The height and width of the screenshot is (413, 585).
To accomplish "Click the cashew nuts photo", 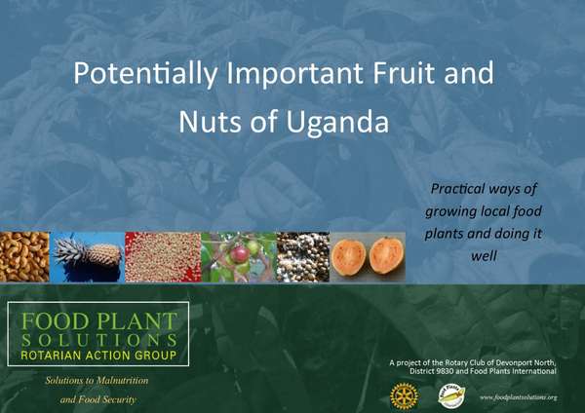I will point(23,257).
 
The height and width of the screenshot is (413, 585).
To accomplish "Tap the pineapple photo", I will point(87,257).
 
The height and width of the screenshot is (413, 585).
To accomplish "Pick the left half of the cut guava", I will point(349,257).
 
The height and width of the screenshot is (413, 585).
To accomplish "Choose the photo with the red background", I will point(162,257).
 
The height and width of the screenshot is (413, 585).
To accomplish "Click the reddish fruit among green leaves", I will point(238,255).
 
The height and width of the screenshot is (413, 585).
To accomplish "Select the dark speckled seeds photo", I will point(302,257).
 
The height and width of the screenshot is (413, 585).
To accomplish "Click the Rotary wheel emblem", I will point(401,394).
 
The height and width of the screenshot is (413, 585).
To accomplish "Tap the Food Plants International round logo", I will point(451,394).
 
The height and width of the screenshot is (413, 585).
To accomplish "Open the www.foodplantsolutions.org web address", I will point(518,397).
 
